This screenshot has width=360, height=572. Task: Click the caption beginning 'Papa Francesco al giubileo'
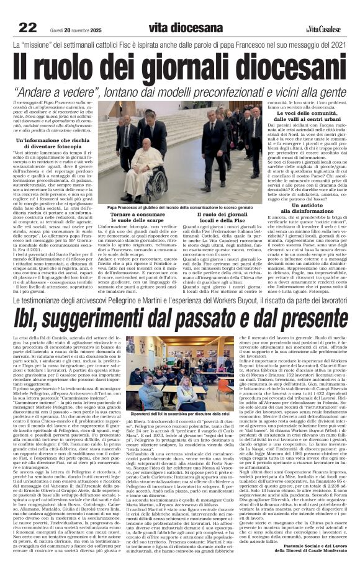pyautogui.click(x=180, y=208)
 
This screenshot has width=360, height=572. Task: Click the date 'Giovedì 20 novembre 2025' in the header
pyautogui.click(x=75, y=29)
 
